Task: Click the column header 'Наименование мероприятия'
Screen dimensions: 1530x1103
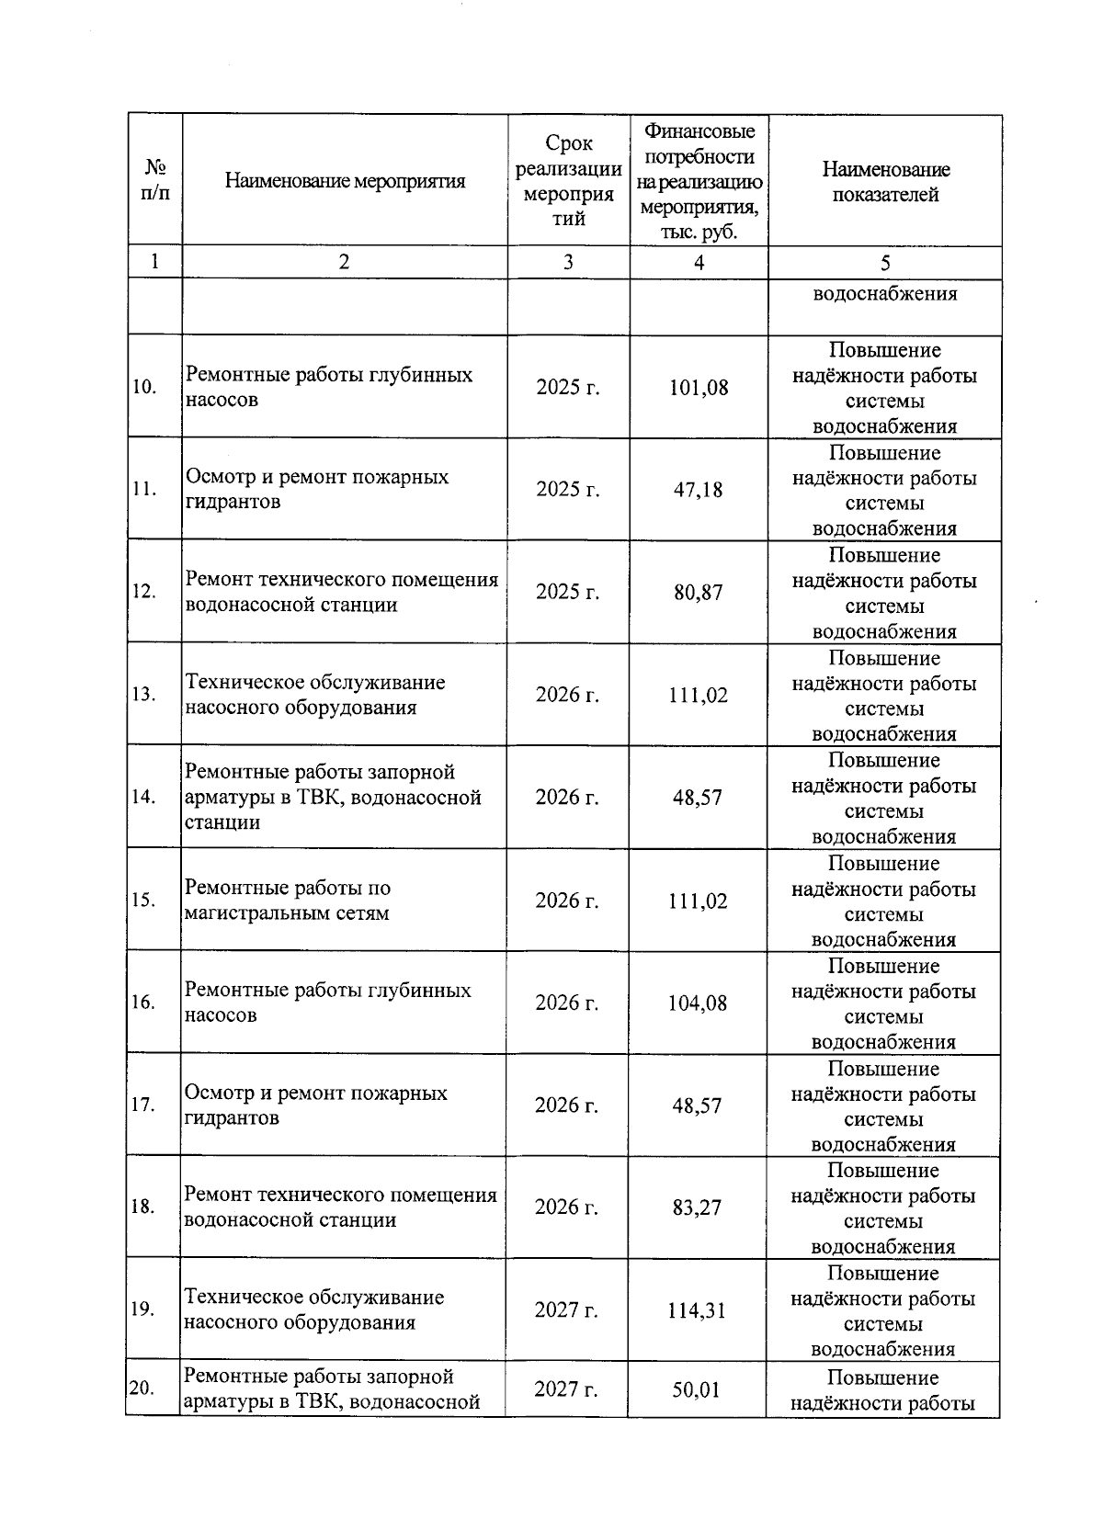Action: click(x=345, y=181)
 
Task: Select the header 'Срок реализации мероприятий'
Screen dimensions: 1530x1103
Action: click(x=568, y=181)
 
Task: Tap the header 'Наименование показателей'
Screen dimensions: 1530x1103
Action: click(x=885, y=181)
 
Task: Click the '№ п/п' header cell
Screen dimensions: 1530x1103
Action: click(x=154, y=181)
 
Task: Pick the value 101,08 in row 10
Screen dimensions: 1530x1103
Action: click(x=699, y=387)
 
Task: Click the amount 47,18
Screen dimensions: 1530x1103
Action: click(x=699, y=489)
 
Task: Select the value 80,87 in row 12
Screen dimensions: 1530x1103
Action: click(x=699, y=592)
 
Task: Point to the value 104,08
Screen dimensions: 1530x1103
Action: click(x=698, y=1003)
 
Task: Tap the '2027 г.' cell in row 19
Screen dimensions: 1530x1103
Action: click(x=566, y=1310)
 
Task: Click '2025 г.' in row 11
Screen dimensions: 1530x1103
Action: click(x=568, y=489)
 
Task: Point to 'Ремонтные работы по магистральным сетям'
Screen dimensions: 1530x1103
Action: click(x=288, y=901)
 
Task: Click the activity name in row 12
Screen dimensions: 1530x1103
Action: click(x=341, y=592)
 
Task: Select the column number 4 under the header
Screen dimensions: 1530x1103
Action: click(x=699, y=263)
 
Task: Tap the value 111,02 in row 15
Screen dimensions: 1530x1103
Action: click(x=698, y=901)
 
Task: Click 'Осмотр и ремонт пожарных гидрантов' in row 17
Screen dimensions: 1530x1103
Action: click(x=316, y=1105)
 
